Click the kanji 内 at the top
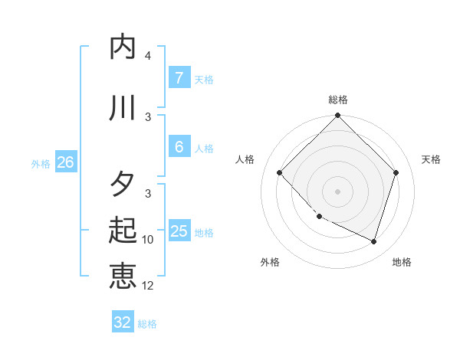click(123, 47)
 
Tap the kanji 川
click(123, 108)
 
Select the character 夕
click(123, 185)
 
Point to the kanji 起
click(123, 231)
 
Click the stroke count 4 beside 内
click(148, 56)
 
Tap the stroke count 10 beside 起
click(148, 240)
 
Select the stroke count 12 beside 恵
click(148, 286)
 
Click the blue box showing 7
click(179, 77)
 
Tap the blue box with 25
click(179, 231)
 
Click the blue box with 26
click(65, 162)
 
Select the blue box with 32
click(123, 322)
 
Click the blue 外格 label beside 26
click(41, 163)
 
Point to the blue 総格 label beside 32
click(147, 324)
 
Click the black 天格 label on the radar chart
click(431, 159)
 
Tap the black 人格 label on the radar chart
click(245, 159)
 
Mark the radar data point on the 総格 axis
click(337, 116)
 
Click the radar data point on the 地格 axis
click(373, 241)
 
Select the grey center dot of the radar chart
click(337, 191)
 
